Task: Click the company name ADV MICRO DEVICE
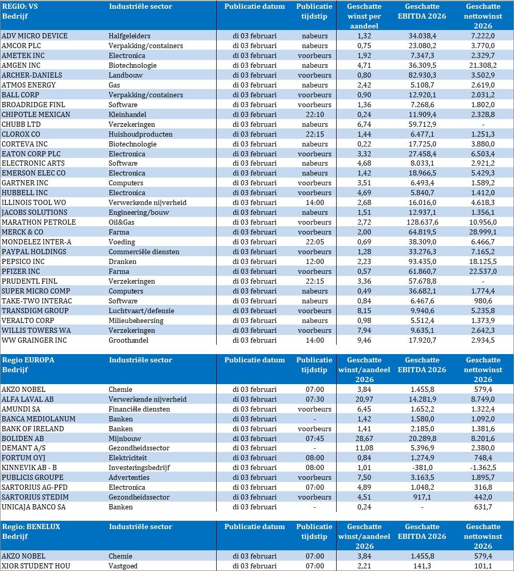click(x=35, y=36)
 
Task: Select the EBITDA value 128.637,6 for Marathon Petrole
click(x=422, y=222)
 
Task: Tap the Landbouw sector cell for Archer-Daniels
click(x=126, y=75)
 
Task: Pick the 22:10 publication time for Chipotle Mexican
click(x=314, y=114)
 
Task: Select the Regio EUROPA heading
click(x=28, y=360)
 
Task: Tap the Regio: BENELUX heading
click(x=31, y=526)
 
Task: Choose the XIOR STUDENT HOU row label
click(x=36, y=566)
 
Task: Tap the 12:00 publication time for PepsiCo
click(x=314, y=261)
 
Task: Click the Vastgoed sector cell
click(x=123, y=566)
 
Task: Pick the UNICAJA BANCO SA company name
click(x=34, y=507)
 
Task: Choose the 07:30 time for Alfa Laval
click(x=314, y=399)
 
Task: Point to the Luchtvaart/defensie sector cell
click(x=141, y=311)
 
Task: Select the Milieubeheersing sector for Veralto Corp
click(x=136, y=320)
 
